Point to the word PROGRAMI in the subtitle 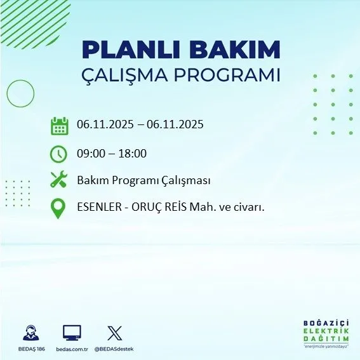233,76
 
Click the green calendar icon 59,126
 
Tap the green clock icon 58,154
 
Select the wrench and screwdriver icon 58,180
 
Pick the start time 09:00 90,154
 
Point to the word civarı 248,208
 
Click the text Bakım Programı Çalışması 143,180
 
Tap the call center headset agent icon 30,333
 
